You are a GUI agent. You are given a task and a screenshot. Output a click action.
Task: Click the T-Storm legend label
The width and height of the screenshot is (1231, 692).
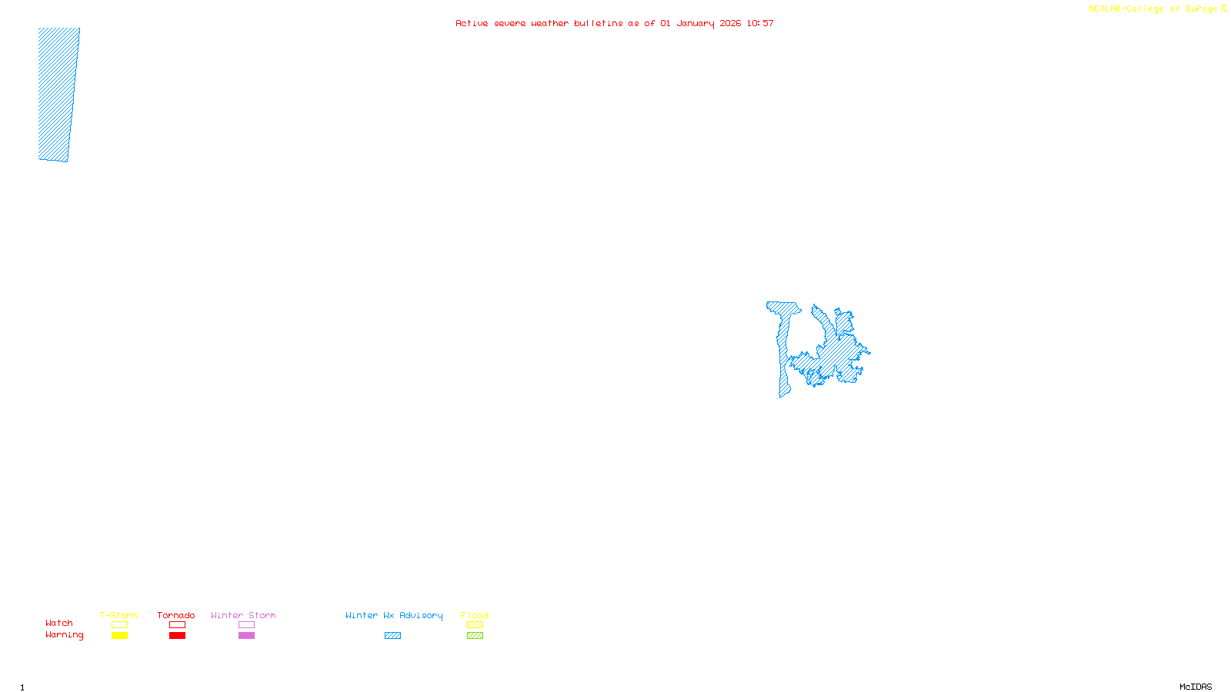click(118, 615)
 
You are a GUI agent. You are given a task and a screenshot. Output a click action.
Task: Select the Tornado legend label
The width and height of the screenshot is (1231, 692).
click(176, 615)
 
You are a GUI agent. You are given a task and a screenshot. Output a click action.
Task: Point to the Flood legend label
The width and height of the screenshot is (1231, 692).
click(475, 615)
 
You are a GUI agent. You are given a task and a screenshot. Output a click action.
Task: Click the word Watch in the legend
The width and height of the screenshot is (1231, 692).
click(59, 623)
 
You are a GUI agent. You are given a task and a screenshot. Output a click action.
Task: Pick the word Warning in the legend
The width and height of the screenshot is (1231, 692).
click(65, 635)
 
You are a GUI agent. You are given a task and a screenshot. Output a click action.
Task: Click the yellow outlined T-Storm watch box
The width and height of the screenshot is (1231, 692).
click(119, 625)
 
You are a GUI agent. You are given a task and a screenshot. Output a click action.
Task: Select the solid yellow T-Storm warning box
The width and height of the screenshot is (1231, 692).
click(119, 636)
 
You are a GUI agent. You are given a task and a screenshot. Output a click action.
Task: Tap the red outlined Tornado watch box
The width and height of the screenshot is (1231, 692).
click(177, 625)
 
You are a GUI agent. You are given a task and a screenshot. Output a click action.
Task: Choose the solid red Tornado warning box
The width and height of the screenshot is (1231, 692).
click(177, 636)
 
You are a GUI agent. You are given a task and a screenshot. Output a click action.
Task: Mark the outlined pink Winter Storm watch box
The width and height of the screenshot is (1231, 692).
click(246, 625)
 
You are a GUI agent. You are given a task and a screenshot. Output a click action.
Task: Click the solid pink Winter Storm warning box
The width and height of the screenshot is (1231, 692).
click(246, 636)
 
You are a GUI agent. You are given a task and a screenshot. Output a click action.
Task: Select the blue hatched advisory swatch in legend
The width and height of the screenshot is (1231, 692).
click(392, 636)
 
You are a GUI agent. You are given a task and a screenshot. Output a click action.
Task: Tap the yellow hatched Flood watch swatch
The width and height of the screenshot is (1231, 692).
click(475, 625)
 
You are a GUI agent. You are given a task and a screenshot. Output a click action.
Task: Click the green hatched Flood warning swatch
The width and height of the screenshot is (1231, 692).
click(475, 636)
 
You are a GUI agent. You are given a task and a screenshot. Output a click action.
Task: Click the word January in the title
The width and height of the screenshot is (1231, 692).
click(696, 23)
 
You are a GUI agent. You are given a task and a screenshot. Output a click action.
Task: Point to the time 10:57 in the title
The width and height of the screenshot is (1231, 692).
click(760, 23)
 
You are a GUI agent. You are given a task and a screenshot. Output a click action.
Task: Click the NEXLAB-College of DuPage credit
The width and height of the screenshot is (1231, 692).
click(1153, 8)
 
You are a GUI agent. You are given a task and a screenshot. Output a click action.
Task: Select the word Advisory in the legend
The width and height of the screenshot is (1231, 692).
click(421, 615)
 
